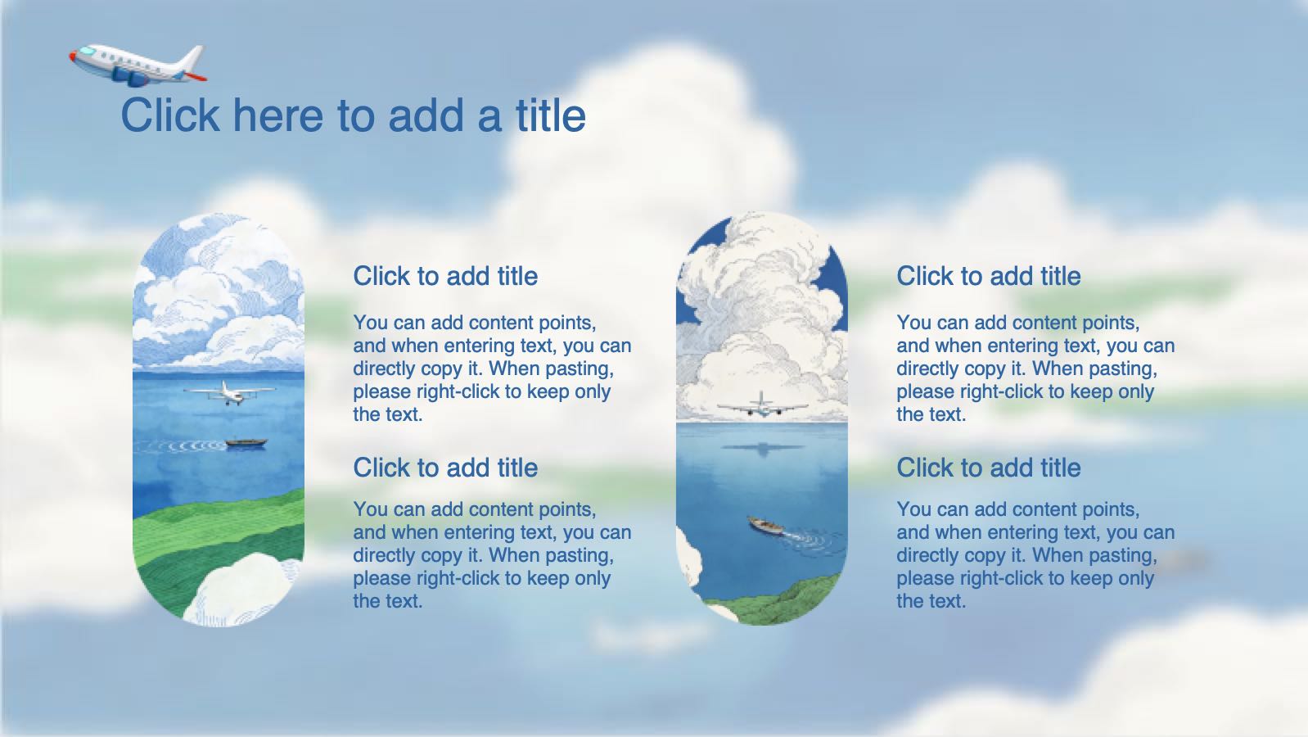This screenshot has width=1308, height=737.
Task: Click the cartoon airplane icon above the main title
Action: [x=138, y=65]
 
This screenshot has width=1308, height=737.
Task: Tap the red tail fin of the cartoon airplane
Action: [x=196, y=76]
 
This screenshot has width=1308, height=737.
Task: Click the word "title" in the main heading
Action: [x=551, y=115]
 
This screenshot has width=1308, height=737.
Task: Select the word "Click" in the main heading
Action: [x=170, y=115]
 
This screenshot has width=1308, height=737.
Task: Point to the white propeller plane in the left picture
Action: [x=229, y=393]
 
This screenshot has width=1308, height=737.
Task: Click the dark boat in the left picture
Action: [x=246, y=443]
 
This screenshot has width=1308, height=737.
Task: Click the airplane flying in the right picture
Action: [x=762, y=405]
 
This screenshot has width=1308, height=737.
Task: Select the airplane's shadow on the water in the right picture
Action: [x=763, y=449]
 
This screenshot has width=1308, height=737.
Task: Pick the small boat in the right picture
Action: [x=766, y=525]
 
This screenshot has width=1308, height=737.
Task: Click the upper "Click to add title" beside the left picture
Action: [x=445, y=276]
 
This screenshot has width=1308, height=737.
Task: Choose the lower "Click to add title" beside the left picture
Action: [x=445, y=468]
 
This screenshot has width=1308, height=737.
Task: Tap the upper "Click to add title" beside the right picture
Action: [x=989, y=276]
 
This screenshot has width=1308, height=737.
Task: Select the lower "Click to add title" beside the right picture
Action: [x=989, y=468]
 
